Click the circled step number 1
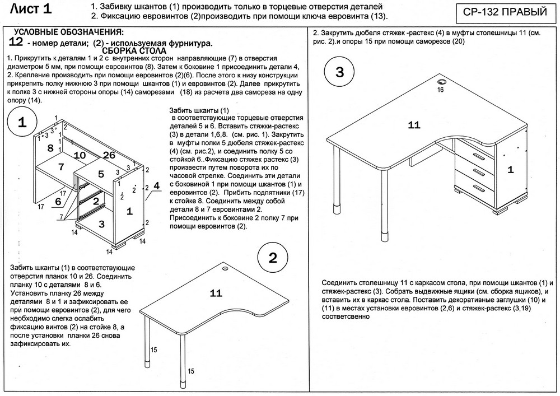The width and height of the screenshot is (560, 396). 22,124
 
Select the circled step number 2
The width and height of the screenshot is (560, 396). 273,258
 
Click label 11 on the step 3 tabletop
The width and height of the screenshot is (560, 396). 414,125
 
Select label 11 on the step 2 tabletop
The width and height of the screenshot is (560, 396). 216,292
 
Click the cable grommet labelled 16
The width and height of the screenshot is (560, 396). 440,81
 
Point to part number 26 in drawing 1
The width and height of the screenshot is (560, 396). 109,155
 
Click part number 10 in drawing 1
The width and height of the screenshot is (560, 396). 79,155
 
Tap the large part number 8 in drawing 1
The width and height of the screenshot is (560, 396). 50,148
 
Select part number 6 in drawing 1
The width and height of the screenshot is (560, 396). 58,201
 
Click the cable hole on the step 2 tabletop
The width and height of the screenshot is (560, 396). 226,268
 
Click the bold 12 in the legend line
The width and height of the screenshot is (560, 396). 16,42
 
